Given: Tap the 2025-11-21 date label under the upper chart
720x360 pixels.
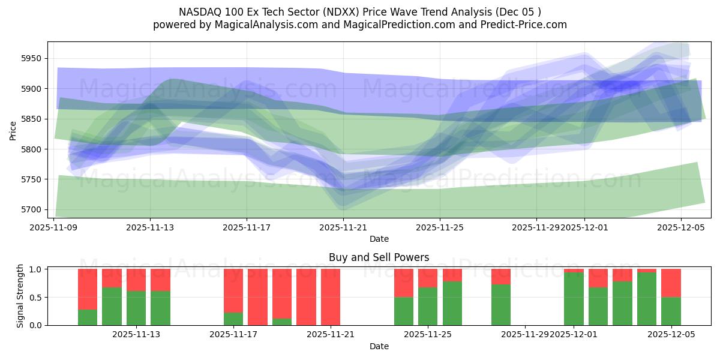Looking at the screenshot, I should tap(343, 228).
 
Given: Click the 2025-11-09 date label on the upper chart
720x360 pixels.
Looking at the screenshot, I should tap(54, 228).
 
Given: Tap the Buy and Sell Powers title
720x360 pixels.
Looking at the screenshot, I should tap(379, 257).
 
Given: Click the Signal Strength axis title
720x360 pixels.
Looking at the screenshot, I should tap(20, 296).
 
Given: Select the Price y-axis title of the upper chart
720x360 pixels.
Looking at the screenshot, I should tap(13, 130).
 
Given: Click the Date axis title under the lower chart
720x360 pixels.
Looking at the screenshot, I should tap(379, 346).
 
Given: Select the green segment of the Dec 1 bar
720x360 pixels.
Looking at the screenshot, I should tap(574, 299).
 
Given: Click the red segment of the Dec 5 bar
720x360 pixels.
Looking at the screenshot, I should tap(671, 283).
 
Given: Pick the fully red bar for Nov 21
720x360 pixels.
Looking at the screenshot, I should tap(331, 297).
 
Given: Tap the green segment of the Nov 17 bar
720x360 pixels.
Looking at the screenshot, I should tap(233, 319).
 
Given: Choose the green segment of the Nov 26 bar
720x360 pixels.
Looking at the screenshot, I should tap(452, 303).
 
